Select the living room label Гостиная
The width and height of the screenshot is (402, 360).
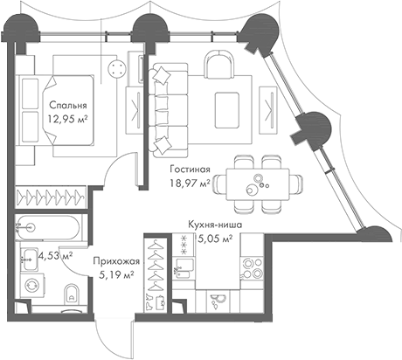click(191, 169)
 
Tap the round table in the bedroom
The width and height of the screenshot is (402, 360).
click(114, 71)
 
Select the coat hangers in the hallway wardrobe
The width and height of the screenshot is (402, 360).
click(155, 262)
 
